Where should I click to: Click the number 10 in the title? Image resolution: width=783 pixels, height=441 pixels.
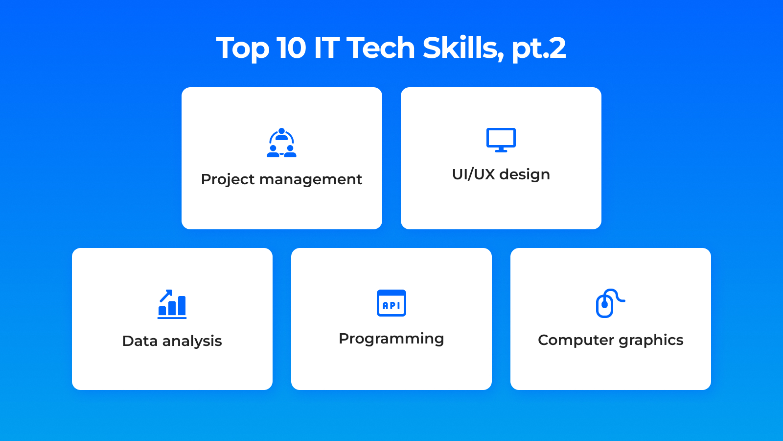(x=291, y=48)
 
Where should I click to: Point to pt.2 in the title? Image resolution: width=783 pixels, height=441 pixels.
(x=539, y=49)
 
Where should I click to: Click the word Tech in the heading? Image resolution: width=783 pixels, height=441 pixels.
(x=380, y=48)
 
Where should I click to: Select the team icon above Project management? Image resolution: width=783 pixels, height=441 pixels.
(x=281, y=143)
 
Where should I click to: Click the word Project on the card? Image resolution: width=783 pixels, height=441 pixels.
(x=228, y=179)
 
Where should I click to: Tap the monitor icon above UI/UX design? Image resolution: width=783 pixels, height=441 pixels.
(x=501, y=140)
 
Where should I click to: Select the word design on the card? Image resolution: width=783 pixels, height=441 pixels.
(x=525, y=174)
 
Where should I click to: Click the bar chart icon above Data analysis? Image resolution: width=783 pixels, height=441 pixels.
(x=172, y=304)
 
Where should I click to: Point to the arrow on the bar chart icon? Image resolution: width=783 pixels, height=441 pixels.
(x=166, y=295)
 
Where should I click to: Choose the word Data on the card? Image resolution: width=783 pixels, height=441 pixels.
(x=140, y=341)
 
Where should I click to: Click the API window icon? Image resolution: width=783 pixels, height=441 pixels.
(x=391, y=303)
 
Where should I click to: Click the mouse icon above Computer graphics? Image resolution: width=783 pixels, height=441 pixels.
(x=610, y=303)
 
